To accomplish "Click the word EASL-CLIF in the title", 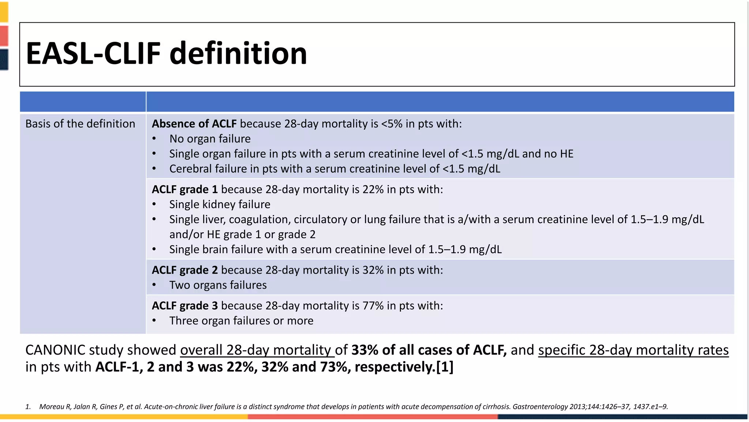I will tap(93, 53).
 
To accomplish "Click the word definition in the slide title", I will tap(238, 53).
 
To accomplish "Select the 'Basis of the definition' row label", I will tap(80, 124).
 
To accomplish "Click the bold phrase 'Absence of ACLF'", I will tap(194, 124).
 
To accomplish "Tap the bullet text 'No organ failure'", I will tap(210, 139).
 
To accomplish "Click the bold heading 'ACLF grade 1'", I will tap(185, 189).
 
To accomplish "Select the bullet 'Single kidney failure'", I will tap(219, 204).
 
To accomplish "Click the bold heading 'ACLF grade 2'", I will tap(185, 270).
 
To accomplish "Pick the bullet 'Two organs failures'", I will tap(218, 285).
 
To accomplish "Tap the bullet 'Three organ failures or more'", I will tap(241, 321).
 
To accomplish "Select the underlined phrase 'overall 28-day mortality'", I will tap(257, 350).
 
